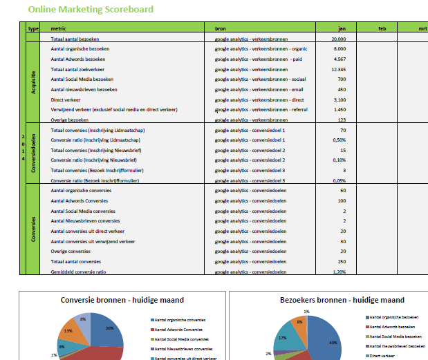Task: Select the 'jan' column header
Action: click(x=342, y=28)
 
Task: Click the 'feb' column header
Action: click(x=382, y=28)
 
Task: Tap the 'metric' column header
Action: click(x=59, y=28)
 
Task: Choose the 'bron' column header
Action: click(x=221, y=28)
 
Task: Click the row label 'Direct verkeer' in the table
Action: click(x=66, y=100)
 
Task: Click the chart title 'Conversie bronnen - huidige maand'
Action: click(x=122, y=300)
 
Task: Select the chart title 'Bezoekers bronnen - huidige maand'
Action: click(x=332, y=300)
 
